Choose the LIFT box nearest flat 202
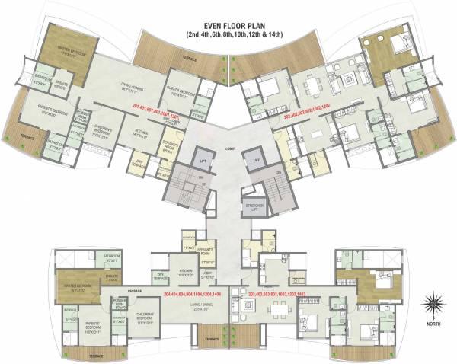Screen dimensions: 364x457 (x=255, y=161)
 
